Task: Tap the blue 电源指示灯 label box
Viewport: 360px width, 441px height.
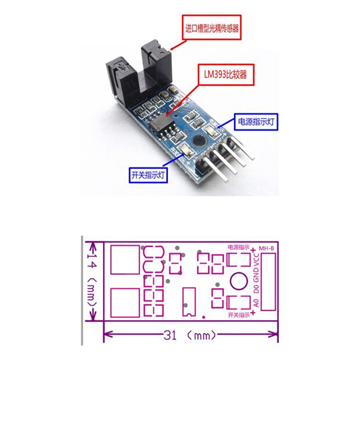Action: [x=256, y=122]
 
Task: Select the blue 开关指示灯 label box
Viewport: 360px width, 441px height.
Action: [x=148, y=174]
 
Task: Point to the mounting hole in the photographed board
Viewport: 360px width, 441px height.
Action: [x=198, y=141]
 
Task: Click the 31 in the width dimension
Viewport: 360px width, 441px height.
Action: [x=170, y=336]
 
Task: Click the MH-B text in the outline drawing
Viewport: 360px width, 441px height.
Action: [x=266, y=248]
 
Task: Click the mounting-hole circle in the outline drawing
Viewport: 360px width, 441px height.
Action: [x=238, y=282]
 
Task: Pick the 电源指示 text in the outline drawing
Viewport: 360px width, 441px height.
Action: [x=238, y=247]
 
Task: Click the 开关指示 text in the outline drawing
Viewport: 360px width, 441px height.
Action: [x=238, y=315]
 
